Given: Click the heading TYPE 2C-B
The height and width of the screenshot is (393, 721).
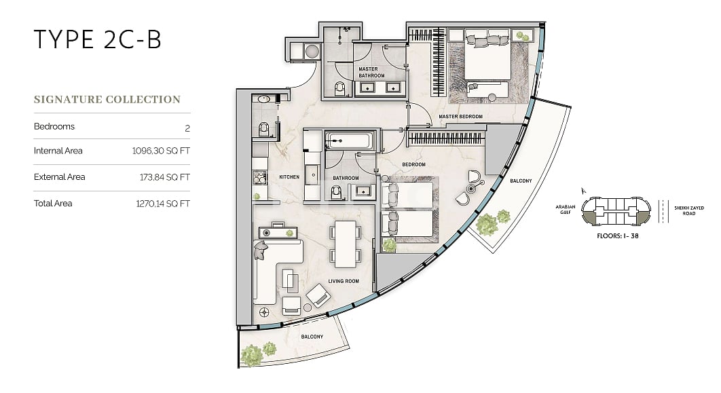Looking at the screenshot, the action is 98,39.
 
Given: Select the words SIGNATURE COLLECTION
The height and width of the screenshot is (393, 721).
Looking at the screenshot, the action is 107,99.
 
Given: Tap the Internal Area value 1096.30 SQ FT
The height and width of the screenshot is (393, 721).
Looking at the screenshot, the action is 161,151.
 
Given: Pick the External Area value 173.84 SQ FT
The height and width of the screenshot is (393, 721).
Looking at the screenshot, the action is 164,177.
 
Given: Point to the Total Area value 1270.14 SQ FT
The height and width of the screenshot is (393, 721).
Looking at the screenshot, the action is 163,204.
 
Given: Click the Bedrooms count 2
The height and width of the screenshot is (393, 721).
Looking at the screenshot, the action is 187,128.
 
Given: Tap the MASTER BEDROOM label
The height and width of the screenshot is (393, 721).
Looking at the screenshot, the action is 460,117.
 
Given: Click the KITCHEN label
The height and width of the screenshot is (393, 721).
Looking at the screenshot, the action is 289,177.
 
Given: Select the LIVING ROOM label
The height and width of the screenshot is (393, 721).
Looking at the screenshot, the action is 344,281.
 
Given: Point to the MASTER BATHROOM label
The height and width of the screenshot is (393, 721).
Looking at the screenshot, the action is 371,72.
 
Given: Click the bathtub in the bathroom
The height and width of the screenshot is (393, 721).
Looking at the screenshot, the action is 348,141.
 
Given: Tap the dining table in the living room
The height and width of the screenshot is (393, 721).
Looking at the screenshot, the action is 346,244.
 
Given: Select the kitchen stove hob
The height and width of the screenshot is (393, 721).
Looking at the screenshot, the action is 260,177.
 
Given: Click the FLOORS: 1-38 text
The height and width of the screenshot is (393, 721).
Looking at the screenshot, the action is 618,236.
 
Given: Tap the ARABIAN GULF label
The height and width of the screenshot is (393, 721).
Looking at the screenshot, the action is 565,210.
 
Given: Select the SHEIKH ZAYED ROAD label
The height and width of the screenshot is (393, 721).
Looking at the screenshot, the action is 689,210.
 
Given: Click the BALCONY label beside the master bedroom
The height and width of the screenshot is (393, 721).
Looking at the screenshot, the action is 521,181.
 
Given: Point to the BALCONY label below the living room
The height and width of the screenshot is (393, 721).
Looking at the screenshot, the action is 312,337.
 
